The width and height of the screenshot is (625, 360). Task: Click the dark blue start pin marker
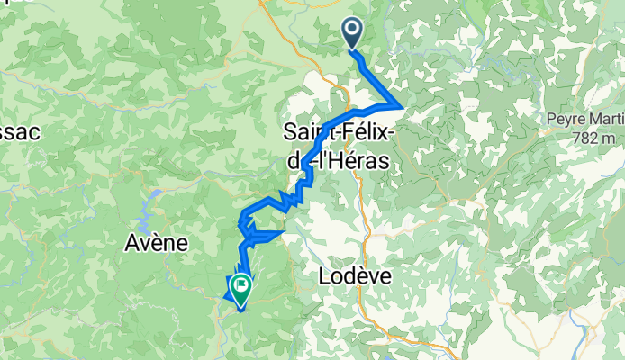[x=352, y=33]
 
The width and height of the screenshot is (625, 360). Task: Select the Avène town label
[x=156, y=243]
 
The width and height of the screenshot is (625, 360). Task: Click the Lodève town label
[x=355, y=277]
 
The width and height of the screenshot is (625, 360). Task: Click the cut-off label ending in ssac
[x=19, y=131]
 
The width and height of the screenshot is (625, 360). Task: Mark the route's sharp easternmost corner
[x=401, y=107]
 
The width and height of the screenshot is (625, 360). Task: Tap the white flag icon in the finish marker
[x=241, y=286]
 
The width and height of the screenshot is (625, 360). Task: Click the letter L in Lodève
[x=326, y=277]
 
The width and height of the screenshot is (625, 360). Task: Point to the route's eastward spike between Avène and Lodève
[x=284, y=232]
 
